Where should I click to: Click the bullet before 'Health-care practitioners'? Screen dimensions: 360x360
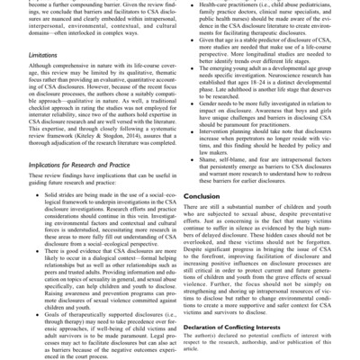point(190,5)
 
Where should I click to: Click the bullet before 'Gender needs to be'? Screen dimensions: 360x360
point(190,104)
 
